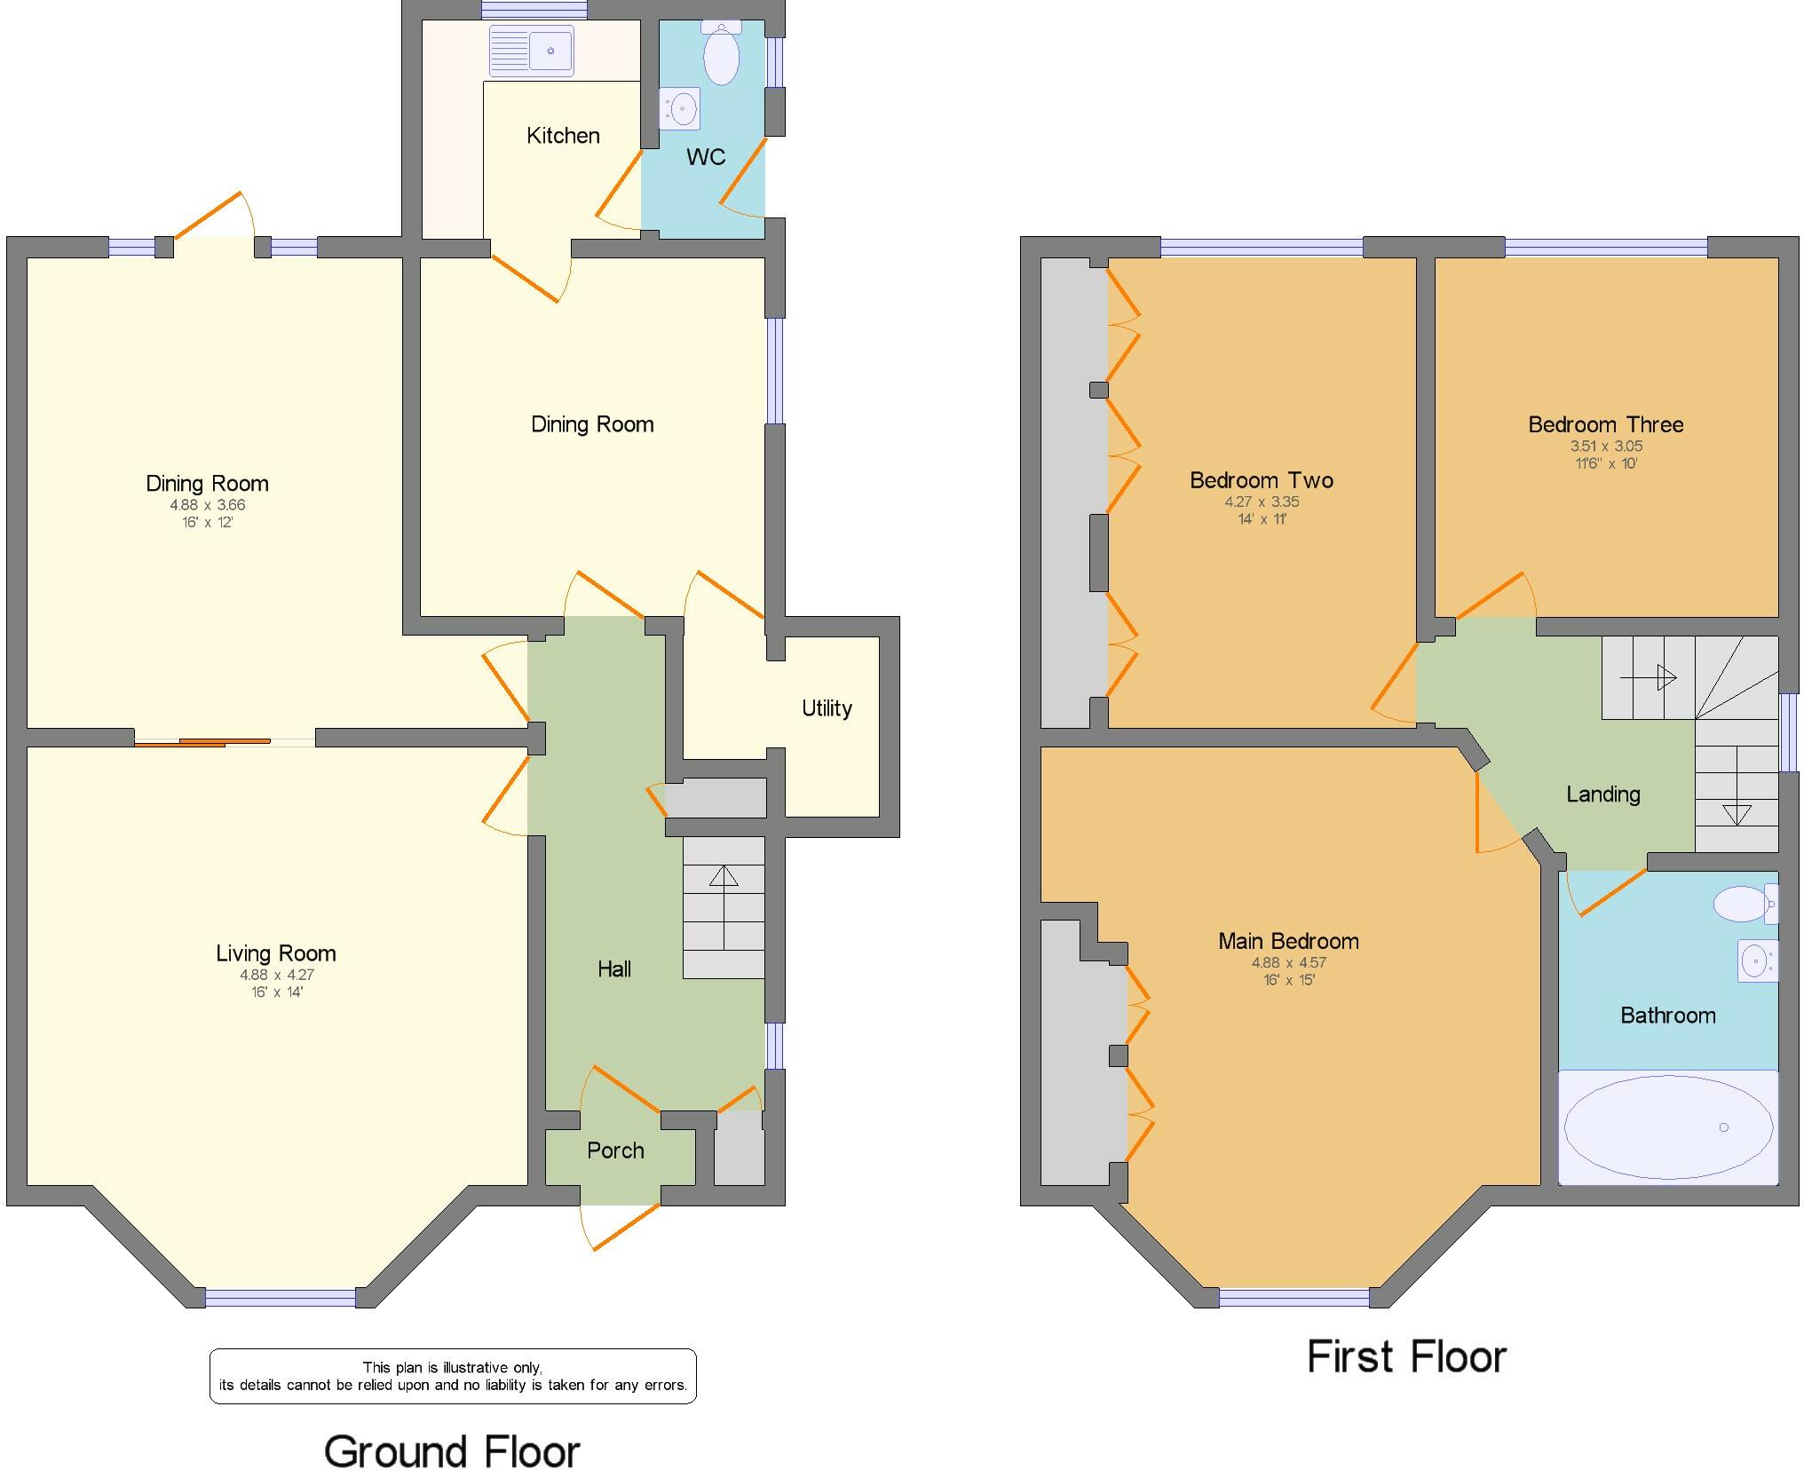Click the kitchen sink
[x=531, y=50]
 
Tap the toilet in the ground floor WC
[x=721, y=53]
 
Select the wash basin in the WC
[x=681, y=110]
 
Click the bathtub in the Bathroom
[x=1667, y=1127]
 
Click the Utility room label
[x=827, y=708]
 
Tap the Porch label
[x=615, y=1150]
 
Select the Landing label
[x=1602, y=794]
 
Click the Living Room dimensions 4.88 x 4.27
[x=276, y=975]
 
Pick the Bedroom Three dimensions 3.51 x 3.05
[x=1606, y=447]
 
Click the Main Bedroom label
[x=1288, y=941]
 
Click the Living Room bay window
[x=281, y=1297]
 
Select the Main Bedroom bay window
[x=1294, y=1297]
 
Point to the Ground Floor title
[x=452, y=1452]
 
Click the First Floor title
[x=1406, y=1357]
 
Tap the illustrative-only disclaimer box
[x=453, y=1376]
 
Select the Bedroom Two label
[x=1261, y=480]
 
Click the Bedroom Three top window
[x=1606, y=247]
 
